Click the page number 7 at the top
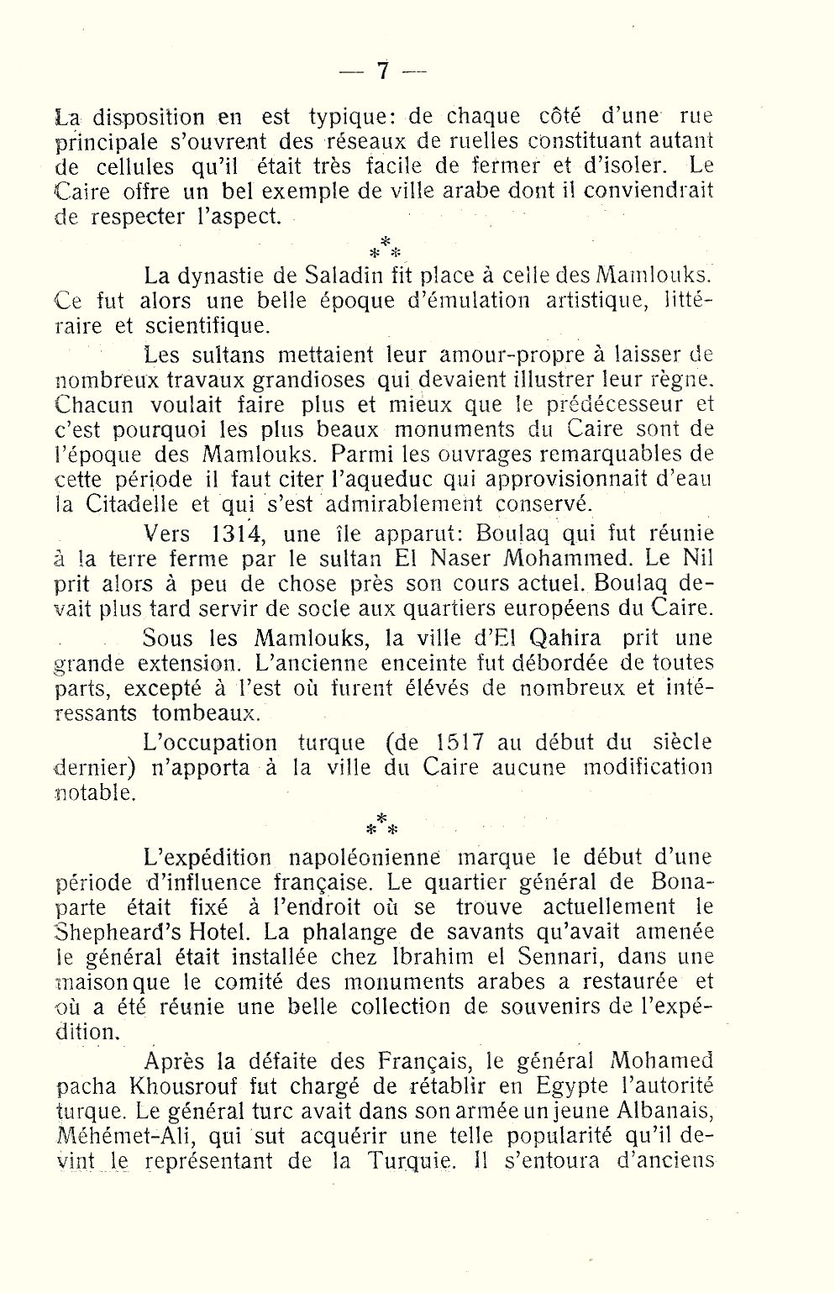(382, 71)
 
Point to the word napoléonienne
(365, 858)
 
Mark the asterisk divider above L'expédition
(381, 823)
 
